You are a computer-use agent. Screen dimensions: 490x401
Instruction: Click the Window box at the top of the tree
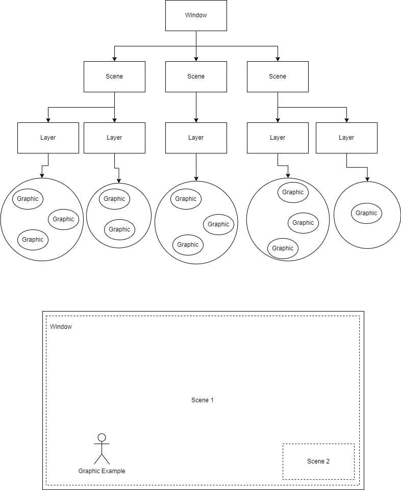[196, 15]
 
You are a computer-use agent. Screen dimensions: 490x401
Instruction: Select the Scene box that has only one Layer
[196, 76]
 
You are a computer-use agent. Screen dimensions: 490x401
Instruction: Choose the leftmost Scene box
[114, 76]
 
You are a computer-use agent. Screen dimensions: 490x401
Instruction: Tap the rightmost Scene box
[278, 76]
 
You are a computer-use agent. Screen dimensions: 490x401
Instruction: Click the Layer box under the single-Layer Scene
[196, 138]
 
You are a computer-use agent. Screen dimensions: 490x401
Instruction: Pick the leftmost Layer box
[48, 138]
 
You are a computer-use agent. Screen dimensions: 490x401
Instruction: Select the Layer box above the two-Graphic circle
[114, 138]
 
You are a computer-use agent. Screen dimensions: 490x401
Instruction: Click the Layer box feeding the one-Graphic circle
[346, 138]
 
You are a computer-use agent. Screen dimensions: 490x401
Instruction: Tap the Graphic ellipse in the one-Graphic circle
[366, 213]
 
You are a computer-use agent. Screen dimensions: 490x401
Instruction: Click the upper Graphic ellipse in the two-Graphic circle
[114, 199]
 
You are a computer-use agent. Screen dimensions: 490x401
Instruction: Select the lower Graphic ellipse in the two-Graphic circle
[119, 229]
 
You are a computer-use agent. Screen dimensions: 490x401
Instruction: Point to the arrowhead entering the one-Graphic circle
[367, 179]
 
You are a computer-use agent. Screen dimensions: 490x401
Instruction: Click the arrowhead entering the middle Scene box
[196, 59]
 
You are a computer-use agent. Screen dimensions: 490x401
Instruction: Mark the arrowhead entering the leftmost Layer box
[48, 120]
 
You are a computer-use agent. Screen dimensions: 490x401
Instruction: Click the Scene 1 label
[203, 400]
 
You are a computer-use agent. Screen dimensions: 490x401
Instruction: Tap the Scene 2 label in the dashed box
[318, 461]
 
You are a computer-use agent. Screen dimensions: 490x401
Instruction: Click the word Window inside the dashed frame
[61, 327]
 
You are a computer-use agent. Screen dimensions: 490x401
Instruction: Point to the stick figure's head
[102, 437]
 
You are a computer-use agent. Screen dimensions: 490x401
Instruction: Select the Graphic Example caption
[102, 471]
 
